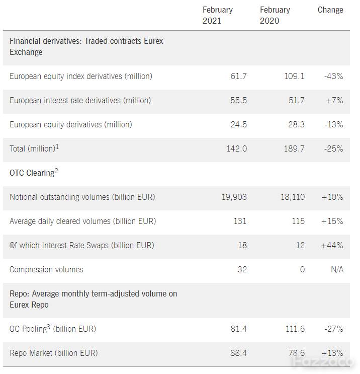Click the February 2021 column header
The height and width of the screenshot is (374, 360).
click(218, 15)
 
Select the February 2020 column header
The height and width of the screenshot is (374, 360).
click(275, 15)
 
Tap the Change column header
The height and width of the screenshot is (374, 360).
click(330, 10)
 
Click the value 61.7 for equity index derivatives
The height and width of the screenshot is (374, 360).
click(238, 77)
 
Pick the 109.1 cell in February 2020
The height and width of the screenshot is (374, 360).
click(294, 77)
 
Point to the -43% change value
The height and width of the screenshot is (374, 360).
click(333, 77)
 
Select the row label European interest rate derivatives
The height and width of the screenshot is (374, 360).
click(80, 101)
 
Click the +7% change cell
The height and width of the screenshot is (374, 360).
click(334, 101)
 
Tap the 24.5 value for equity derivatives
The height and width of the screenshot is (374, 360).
click(239, 125)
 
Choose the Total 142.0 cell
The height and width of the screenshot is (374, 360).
click(237, 149)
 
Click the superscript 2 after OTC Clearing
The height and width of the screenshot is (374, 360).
click(56, 171)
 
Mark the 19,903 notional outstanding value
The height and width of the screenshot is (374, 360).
click(234, 197)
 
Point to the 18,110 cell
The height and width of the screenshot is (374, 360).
click(293, 197)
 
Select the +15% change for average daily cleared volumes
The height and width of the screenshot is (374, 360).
click(332, 221)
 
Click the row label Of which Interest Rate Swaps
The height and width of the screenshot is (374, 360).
click(82, 246)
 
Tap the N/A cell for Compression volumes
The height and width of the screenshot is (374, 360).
click(337, 269)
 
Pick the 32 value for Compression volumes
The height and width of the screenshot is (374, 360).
click(242, 269)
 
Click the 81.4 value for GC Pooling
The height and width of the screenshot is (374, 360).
click(238, 329)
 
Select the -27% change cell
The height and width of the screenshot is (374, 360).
click(333, 329)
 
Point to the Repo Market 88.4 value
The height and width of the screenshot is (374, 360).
click(238, 353)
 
